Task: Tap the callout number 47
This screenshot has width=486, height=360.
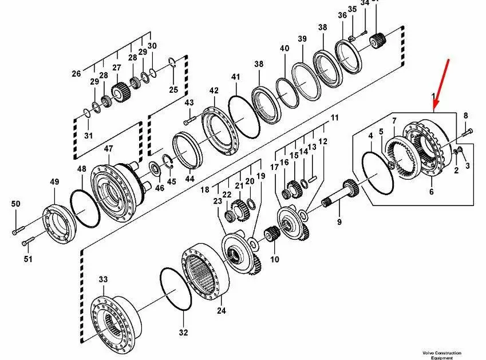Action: [x=109, y=149]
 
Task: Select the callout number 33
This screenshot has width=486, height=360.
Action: [x=103, y=280]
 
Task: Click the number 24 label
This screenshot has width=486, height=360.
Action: [x=222, y=311]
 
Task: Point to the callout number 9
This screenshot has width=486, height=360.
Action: [x=339, y=222]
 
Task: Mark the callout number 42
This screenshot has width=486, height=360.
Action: [x=214, y=91]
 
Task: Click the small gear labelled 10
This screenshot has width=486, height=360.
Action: [x=271, y=235]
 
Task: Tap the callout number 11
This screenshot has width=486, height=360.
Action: [x=335, y=118]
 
